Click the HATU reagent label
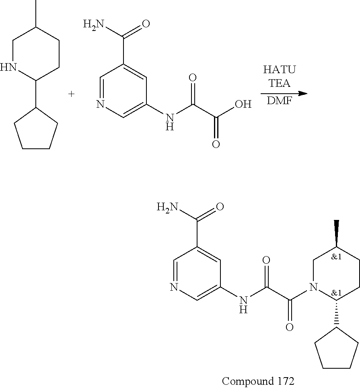(279, 70)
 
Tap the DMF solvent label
(279, 101)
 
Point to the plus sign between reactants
(72, 94)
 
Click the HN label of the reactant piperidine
(9, 67)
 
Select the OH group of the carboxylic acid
(243, 105)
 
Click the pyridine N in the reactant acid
(100, 105)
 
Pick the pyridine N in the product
(174, 287)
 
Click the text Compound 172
(258, 380)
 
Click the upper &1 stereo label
(336, 257)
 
